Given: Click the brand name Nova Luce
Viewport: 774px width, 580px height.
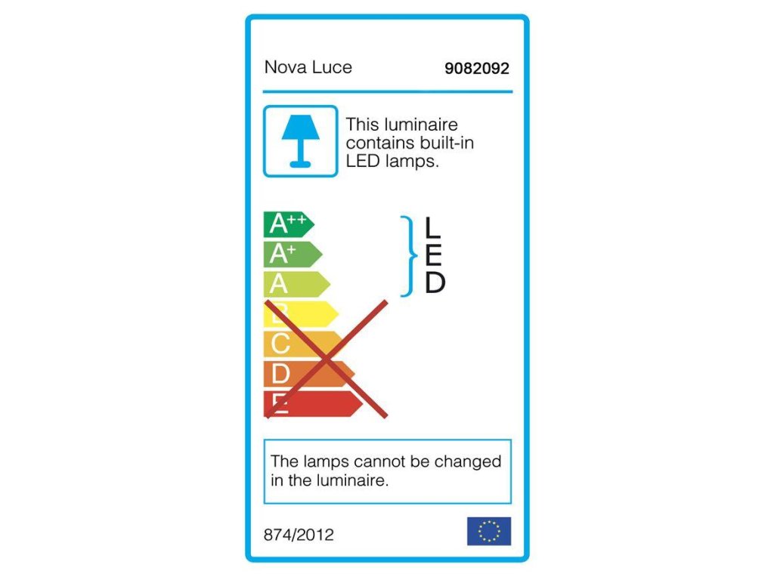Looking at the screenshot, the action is tap(308, 67).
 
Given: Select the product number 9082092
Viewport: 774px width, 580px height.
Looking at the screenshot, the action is tap(477, 69).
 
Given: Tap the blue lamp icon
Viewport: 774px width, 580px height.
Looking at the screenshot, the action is tap(300, 141).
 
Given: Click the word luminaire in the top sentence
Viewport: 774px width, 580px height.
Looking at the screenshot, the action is tap(421, 125).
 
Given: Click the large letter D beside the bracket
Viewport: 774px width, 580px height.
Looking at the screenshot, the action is tap(435, 283).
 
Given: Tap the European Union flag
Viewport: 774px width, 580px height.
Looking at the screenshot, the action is tap(489, 531).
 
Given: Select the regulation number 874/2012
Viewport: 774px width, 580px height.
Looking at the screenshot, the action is tap(299, 535).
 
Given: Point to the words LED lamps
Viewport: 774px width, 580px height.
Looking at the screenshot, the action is tap(392, 161).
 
